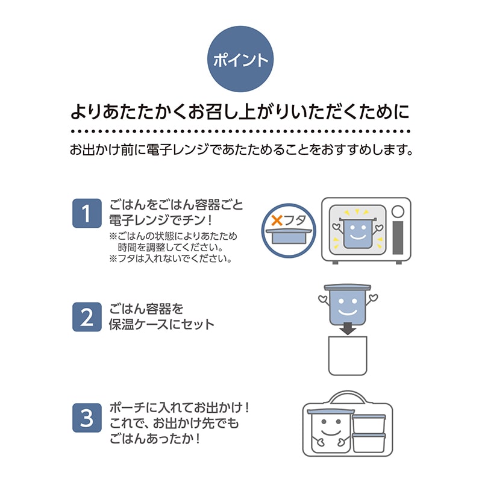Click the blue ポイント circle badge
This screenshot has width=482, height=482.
(240, 60)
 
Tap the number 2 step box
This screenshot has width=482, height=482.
(87, 317)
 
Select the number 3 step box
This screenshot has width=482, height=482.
(87, 416)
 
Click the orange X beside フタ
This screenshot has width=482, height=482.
(277, 221)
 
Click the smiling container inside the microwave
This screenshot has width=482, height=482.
(357, 231)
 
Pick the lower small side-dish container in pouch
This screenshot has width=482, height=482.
(368, 443)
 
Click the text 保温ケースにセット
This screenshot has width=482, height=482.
(161, 324)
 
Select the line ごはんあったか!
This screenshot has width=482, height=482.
(155, 439)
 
